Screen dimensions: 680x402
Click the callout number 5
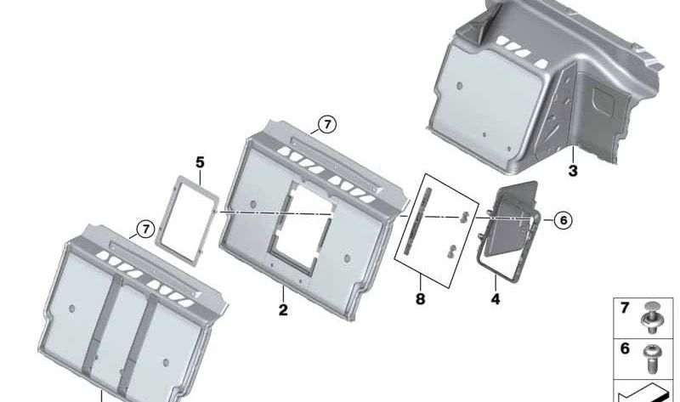[200, 163]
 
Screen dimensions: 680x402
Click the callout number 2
[283, 310]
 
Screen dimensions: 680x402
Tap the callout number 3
[573, 171]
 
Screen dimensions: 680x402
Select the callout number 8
[420, 299]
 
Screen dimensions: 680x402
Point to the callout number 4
[496, 299]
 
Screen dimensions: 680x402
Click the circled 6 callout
[564, 220]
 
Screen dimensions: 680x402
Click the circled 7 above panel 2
[327, 125]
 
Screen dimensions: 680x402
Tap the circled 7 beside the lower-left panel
[145, 229]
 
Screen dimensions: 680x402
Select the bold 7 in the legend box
[625, 308]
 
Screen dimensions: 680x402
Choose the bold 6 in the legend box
[625, 348]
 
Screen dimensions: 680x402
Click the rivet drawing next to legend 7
[650, 318]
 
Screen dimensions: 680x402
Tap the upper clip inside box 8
[464, 217]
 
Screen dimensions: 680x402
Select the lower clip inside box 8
[451, 251]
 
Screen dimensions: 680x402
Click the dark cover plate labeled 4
[514, 217]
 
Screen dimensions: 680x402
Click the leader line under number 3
[573, 155]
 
